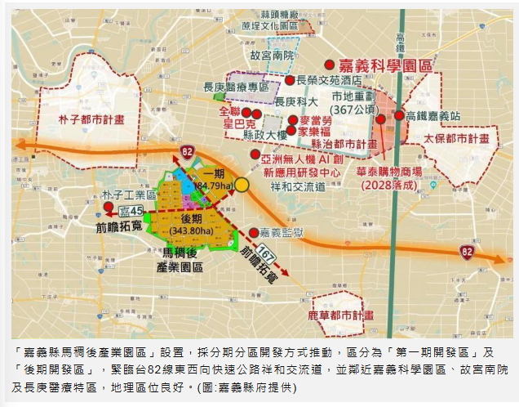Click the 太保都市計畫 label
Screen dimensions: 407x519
(460, 140)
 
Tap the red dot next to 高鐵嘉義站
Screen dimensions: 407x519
(399, 115)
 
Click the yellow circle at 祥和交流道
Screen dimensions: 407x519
(242, 186)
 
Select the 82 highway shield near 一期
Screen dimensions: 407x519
(188, 151)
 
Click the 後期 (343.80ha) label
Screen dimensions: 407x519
(191, 226)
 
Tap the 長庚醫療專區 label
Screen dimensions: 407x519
(236, 87)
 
